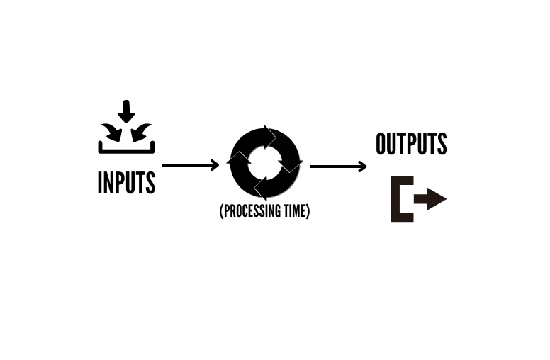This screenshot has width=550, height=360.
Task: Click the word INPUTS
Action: (x=126, y=183)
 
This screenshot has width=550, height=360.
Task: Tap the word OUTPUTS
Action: (x=411, y=144)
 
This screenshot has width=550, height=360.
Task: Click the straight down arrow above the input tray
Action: (x=126, y=111)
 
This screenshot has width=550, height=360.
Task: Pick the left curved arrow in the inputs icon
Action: (x=111, y=131)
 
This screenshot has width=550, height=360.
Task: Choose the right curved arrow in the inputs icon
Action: (x=142, y=131)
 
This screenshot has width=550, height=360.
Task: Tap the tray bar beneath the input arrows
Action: (x=126, y=150)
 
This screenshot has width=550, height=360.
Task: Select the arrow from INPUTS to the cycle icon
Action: (x=191, y=165)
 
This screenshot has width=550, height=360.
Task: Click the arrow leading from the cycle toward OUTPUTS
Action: (x=338, y=167)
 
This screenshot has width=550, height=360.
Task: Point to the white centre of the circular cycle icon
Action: (x=265, y=162)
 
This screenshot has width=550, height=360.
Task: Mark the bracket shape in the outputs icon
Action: (x=400, y=199)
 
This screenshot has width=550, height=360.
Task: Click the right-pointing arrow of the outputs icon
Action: (x=431, y=199)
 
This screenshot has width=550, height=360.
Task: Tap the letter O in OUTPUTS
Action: (x=382, y=144)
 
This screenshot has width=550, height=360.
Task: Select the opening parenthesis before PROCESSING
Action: (x=222, y=211)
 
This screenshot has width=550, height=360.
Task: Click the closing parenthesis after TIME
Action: (x=308, y=211)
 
